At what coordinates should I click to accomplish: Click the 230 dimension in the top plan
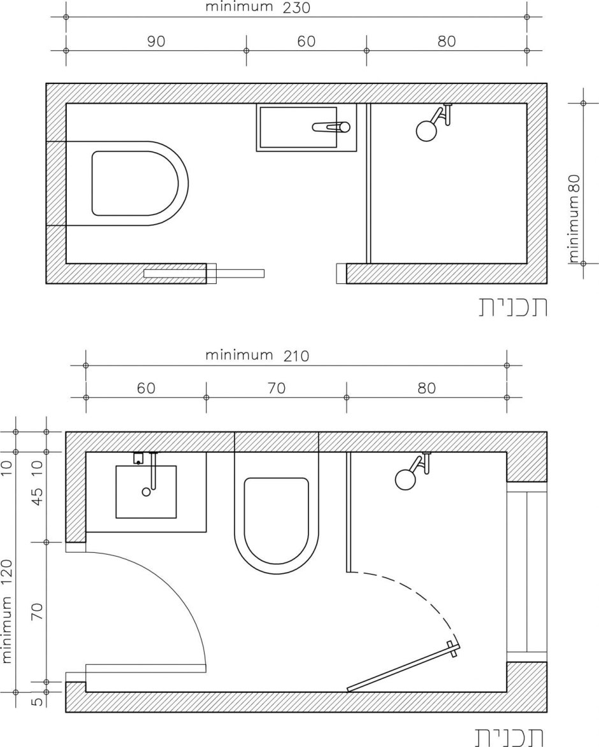(x=296, y=8)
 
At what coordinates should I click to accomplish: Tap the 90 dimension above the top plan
(x=156, y=42)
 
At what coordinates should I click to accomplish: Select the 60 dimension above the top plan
(x=307, y=42)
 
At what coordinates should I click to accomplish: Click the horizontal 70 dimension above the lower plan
(x=277, y=388)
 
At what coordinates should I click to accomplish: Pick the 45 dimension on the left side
(x=37, y=496)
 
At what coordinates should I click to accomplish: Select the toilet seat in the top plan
(x=136, y=183)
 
